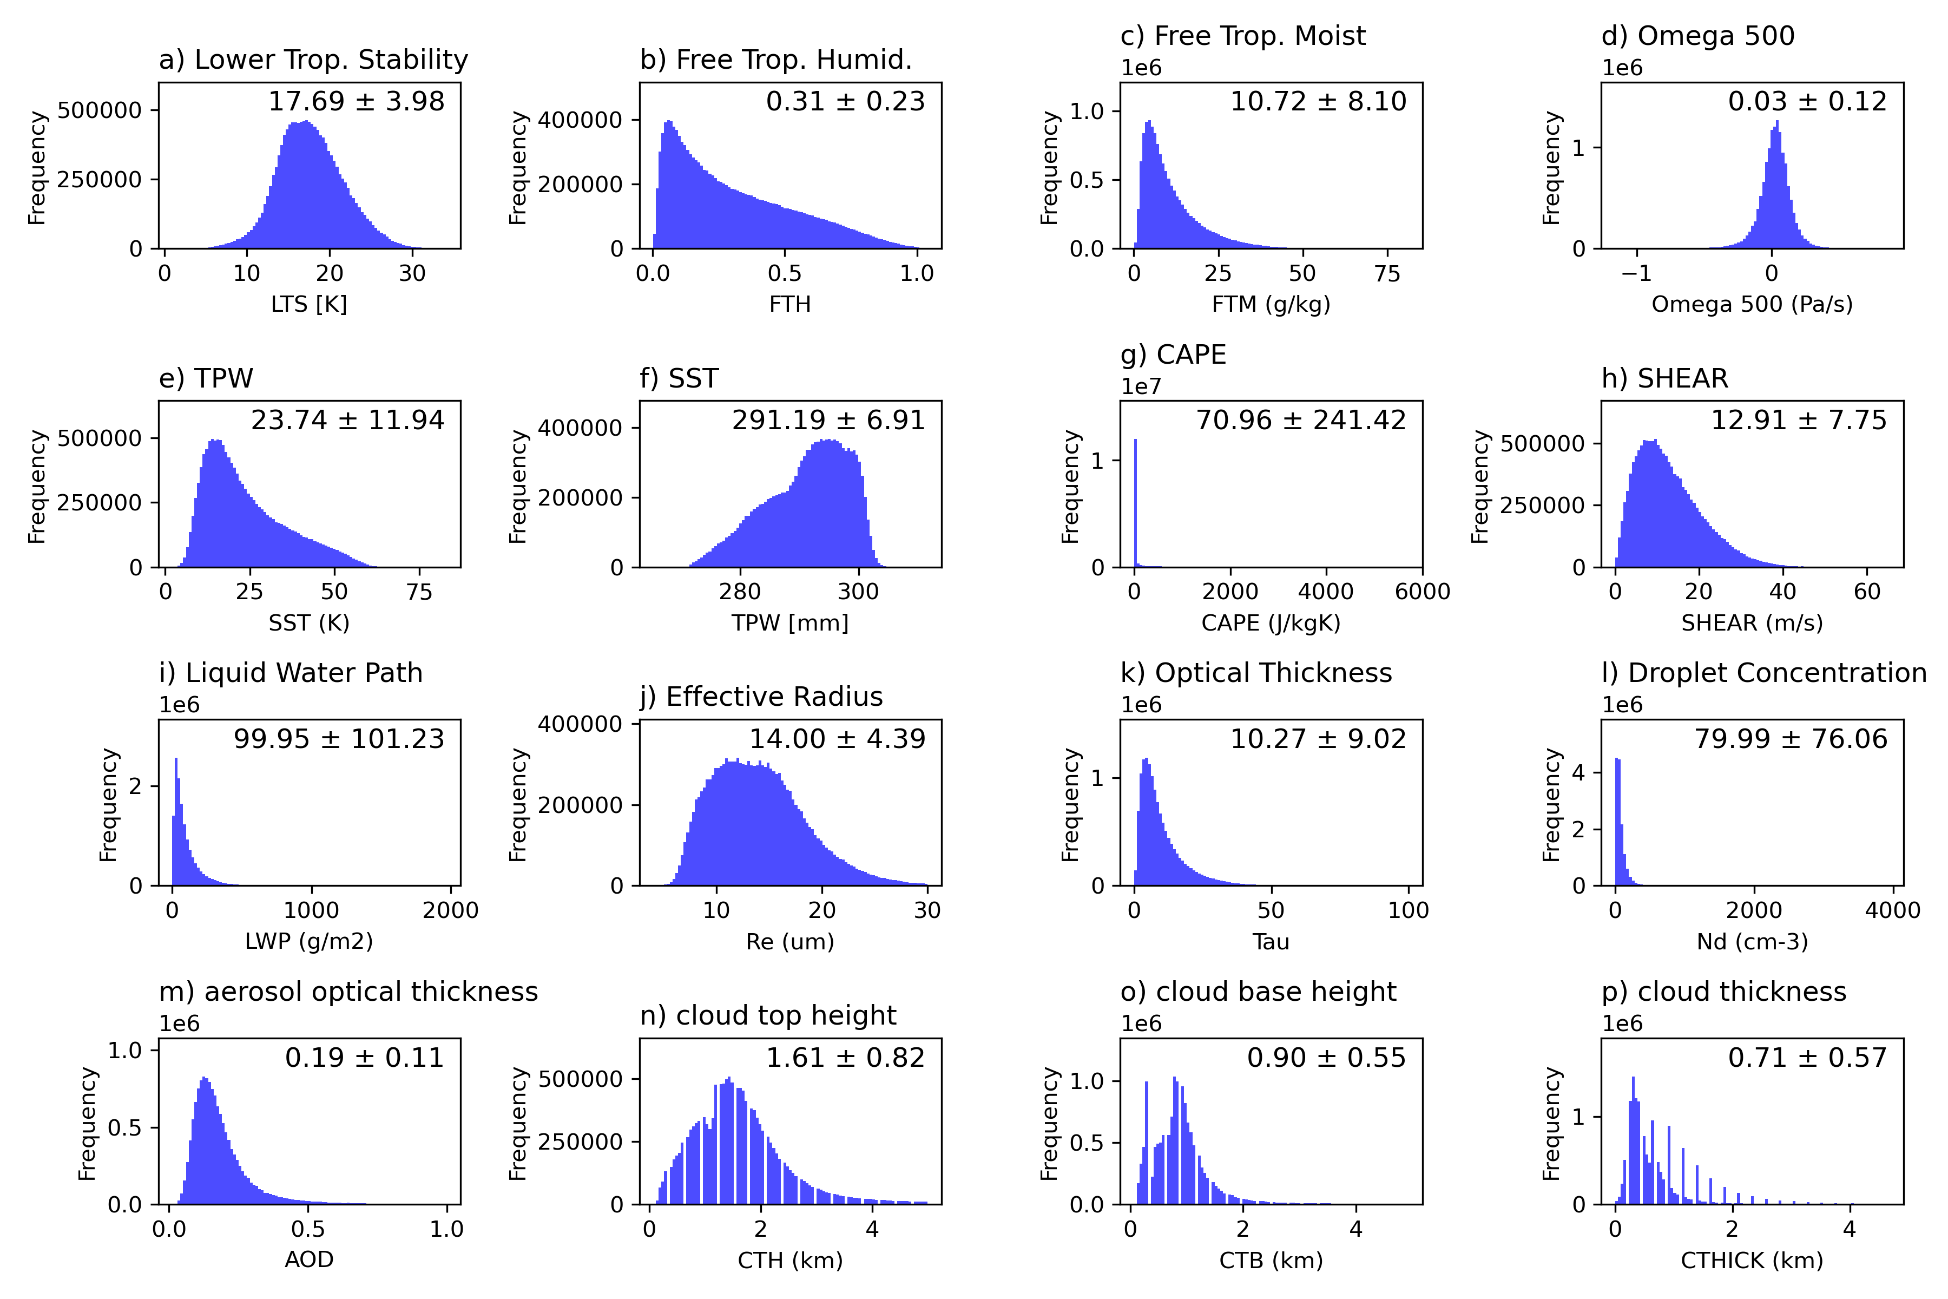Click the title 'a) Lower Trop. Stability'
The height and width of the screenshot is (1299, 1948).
(313, 60)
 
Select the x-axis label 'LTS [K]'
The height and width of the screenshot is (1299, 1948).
(309, 305)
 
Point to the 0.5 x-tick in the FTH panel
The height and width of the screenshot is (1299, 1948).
(784, 273)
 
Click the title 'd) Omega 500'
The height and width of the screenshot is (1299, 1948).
(1698, 36)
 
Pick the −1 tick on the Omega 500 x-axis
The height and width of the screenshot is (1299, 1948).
(1636, 273)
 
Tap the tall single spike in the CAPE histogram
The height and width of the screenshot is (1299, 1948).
(1135, 503)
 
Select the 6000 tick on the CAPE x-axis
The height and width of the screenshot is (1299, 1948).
(1422, 592)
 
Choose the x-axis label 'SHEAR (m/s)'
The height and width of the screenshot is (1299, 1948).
(1752, 623)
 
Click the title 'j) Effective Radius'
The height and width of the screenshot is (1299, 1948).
(761, 697)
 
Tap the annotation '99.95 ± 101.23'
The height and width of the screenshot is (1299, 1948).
(339, 739)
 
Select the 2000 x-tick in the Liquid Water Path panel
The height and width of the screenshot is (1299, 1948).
(451, 910)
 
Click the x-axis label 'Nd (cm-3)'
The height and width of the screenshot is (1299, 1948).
(1752, 942)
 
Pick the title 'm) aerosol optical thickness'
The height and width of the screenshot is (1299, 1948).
(348, 992)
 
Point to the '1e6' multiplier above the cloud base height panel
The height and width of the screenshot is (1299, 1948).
(1141, 1024)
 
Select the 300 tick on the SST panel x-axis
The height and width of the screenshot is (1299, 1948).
(858, 592)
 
